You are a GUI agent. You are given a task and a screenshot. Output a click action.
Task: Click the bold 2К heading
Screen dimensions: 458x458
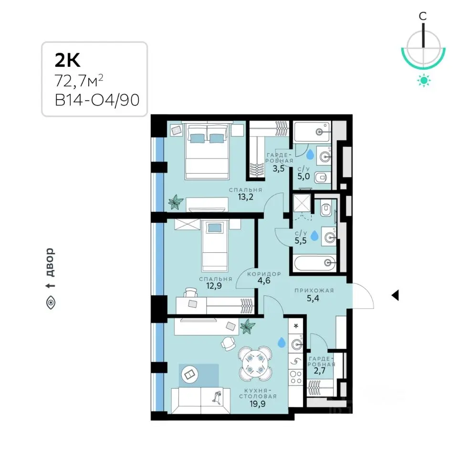67,60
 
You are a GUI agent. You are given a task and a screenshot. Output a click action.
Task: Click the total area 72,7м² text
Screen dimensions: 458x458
79,81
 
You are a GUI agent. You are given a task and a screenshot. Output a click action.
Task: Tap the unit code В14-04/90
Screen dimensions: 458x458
97,100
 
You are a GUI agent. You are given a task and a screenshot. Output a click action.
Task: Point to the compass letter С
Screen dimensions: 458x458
423,16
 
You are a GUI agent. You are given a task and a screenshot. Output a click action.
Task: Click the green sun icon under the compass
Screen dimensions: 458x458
424,80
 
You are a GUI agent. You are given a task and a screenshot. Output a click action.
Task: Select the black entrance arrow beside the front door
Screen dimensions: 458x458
395,295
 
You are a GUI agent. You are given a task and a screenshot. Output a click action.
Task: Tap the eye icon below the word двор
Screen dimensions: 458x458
51,302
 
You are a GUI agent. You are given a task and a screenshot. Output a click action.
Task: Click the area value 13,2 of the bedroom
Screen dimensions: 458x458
245,197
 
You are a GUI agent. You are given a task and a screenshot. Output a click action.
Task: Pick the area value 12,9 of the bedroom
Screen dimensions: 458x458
214,286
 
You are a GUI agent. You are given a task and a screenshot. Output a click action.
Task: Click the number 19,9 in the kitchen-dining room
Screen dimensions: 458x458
257,404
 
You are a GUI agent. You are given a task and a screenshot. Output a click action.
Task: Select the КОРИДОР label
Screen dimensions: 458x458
264,274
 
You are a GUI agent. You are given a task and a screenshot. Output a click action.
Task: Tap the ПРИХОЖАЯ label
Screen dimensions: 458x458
314,291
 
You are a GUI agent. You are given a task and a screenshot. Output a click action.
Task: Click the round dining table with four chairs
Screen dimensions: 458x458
255,364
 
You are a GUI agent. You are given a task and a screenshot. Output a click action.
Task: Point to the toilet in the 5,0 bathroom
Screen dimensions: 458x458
322,177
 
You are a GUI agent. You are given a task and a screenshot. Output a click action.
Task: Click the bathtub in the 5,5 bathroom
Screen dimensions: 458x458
315,263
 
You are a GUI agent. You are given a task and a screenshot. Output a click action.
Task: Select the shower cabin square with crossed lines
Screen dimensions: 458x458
302,203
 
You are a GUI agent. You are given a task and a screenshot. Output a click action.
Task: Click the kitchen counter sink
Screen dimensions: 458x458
296,344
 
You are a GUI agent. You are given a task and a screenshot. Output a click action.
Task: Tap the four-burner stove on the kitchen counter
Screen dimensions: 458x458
296,377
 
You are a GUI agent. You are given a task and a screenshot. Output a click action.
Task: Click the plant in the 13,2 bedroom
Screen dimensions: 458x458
176,202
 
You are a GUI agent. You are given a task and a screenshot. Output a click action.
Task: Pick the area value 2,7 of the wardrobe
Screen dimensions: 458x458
320,371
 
